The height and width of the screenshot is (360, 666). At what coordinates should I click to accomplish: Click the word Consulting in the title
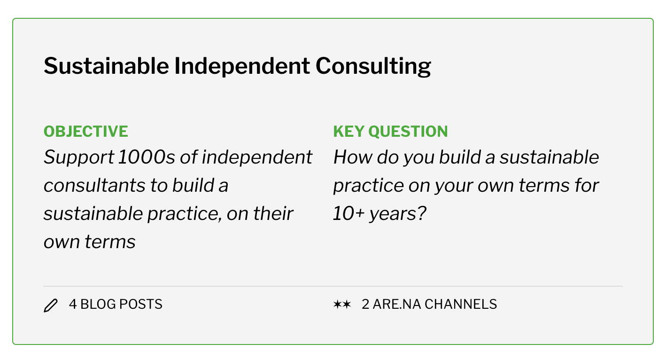coord(373,67)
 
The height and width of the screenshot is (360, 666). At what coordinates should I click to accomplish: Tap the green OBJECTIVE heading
coord(85,132)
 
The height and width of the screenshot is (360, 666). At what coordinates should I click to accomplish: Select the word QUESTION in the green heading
coord(408,132)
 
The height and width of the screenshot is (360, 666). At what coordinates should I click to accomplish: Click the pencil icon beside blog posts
coord(51,305)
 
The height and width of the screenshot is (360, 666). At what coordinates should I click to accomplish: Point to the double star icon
coord(342,305)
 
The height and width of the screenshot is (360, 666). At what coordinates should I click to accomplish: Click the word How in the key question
coord(353,157)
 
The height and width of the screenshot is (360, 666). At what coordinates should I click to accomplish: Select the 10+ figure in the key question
coord(348,214)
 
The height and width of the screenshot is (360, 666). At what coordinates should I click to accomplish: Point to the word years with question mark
coord(398,214)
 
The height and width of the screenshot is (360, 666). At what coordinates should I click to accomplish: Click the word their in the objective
coord(273,214)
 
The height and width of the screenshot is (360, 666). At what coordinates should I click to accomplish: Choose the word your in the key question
coord(454,186)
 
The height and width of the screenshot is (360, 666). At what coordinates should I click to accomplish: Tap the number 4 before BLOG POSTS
coord(73,305)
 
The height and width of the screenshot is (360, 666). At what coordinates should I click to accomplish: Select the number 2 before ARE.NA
coord(365,305)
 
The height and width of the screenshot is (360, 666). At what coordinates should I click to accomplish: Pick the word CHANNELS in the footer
coord(461,305)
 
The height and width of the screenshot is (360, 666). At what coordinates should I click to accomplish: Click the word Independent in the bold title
coord(242,67)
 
